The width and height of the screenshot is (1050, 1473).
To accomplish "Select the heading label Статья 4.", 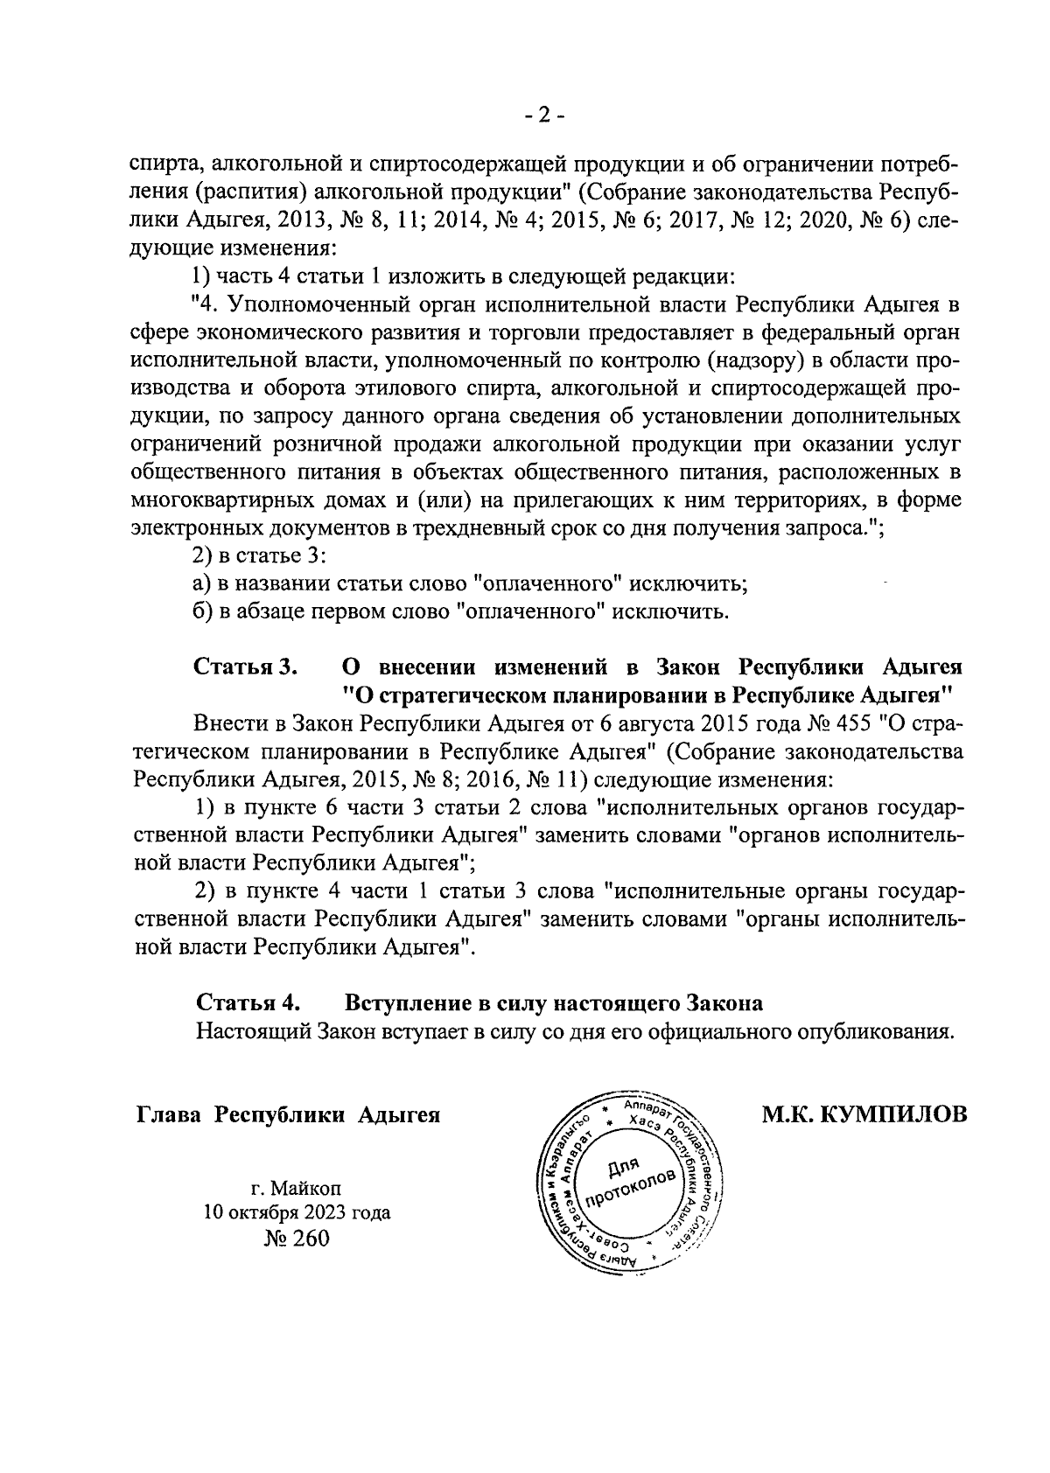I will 249,1002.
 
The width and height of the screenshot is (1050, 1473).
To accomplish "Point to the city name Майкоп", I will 307,1189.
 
